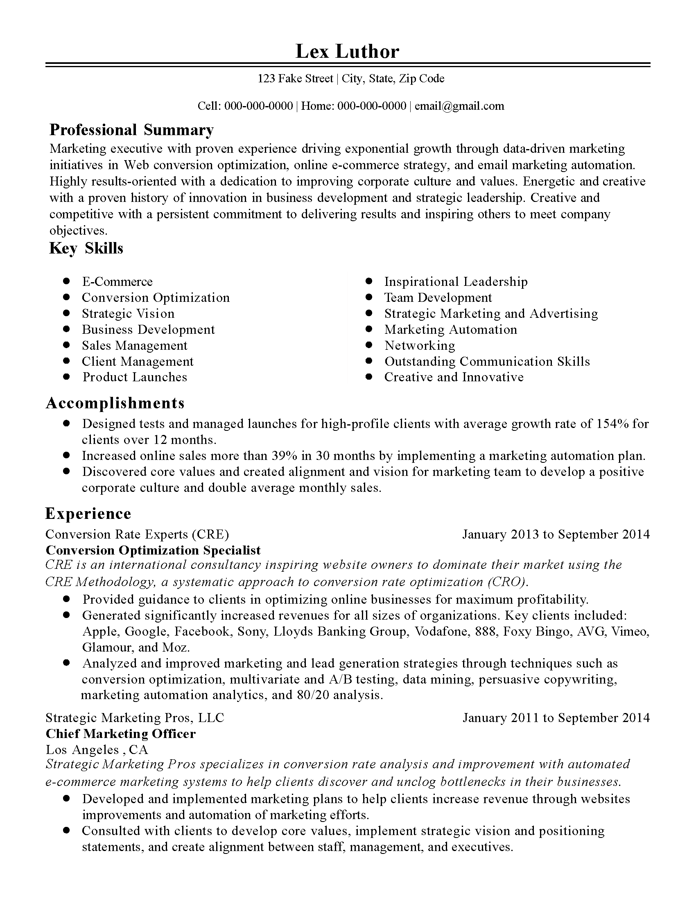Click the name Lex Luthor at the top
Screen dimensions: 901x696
347,52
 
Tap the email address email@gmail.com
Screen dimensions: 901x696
459,106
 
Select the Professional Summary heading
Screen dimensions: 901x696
131,130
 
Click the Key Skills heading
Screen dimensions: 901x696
86,248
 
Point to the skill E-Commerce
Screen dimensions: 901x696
117,282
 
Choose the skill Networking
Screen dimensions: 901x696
419,345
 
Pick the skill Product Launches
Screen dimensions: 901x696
134,377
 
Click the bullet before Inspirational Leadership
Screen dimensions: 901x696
369,281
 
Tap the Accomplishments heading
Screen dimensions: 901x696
115,403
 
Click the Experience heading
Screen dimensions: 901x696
88,514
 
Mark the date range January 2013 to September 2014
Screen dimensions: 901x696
556,534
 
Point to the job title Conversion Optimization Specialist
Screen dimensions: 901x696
153,550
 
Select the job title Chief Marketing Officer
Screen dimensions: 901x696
120,733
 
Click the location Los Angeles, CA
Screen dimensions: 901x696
97,749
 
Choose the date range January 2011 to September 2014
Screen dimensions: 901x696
556,718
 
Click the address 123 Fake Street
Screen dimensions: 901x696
295,78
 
